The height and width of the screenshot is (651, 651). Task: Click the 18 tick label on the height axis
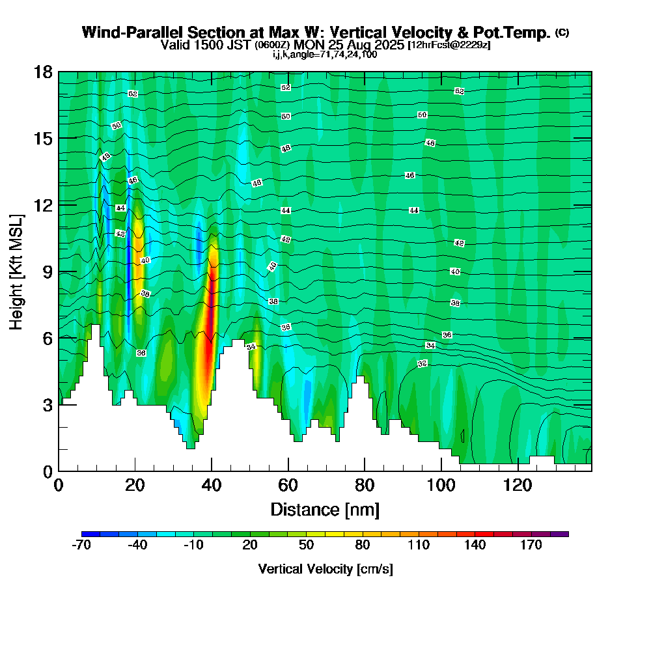tap(43, 72)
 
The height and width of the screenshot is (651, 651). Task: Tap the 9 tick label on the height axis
tap(47, 271)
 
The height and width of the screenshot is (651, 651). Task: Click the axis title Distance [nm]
tap(325, 508)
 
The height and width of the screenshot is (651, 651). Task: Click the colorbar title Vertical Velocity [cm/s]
tap(325, 569)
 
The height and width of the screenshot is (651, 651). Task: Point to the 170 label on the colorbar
tap(531, 546)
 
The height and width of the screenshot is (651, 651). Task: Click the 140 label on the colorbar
tap(475, 546)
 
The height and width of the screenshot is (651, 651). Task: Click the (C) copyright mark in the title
tap(562, 33)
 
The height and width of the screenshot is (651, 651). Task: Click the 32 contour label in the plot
tap(422, 363)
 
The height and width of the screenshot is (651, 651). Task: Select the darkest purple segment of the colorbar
tap(559, 534)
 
